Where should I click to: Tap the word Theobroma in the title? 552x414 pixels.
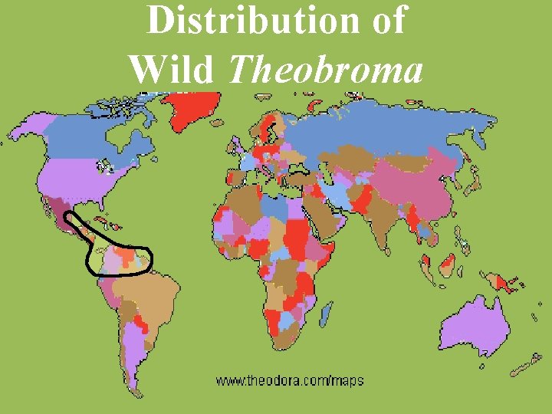tap(327, 71)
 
